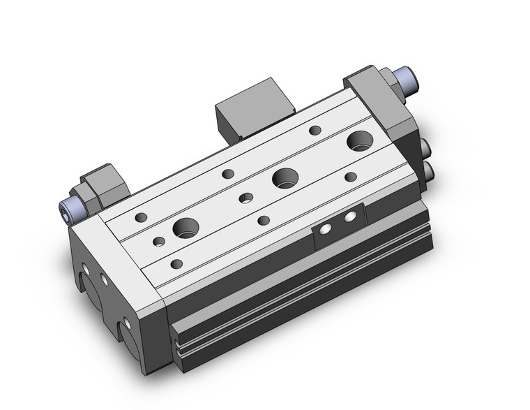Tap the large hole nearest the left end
pos(185,226)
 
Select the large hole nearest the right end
pos(360,140)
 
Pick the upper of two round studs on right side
pos(425,147)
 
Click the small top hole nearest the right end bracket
pos(315,130)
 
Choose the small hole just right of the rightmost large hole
pos(351,177)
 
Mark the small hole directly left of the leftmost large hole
pos(159,242)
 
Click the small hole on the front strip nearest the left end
pos(176,264)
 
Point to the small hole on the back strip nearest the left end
pos(142,217)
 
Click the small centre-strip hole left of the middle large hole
pos(245,198)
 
